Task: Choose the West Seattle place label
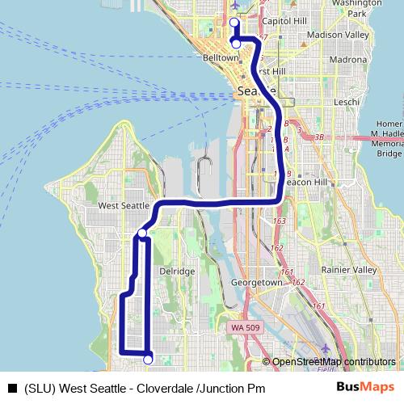coord(123,206)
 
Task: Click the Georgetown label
coord(257,284)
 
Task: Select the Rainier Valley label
coord(349,270)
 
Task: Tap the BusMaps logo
coord(364,387)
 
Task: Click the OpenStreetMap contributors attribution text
coord(333,362)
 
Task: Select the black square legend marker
coord(11,388)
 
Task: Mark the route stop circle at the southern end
coord(148,359)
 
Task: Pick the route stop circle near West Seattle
coord(142,234)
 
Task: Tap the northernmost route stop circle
coord(234,22)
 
